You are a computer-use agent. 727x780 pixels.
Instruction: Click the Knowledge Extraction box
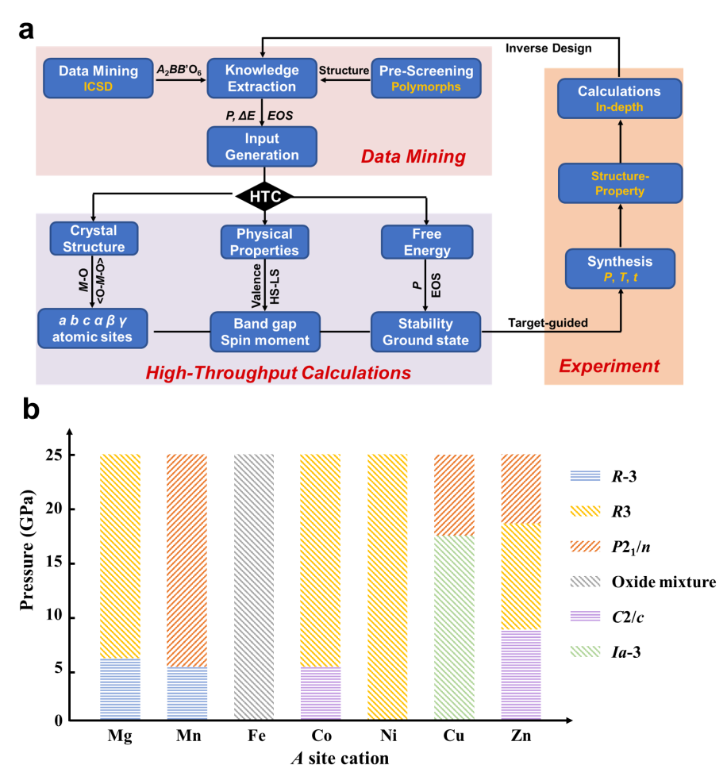[x=262, y=79]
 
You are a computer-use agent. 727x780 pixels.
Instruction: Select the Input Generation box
[x=262, y=147]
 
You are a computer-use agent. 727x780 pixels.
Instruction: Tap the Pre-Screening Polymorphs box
[x=426, y=79]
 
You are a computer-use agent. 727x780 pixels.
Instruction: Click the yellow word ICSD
[x=98, y=86]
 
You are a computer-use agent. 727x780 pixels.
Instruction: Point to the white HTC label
[x=265, y=197]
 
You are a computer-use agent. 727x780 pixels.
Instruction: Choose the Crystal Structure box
[x=94, y=239]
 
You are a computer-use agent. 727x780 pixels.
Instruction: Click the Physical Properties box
[x=264, y=242]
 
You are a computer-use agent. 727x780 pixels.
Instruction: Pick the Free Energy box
[x=427, y=242]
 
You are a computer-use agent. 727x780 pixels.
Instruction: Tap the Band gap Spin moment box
[x=264, y=332]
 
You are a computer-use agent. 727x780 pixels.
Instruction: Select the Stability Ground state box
[x=426, y=332]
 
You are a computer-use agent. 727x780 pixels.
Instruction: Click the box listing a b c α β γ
[x=94, y=329]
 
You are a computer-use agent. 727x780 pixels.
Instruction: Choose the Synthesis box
[x=620, y=269]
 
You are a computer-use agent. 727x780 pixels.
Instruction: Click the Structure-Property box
[x=620, y=183]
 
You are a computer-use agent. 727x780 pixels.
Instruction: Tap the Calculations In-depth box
[x=620, y=98]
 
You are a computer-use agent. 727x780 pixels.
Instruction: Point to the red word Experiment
[x=610, y=366]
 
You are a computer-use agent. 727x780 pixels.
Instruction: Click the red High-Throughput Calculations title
[x=279, y=372]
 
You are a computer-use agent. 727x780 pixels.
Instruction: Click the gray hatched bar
[x=254, y=586]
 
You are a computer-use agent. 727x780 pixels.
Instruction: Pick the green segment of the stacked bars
[x=454, y=627]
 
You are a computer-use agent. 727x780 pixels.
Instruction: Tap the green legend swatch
[x=585, y=651]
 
